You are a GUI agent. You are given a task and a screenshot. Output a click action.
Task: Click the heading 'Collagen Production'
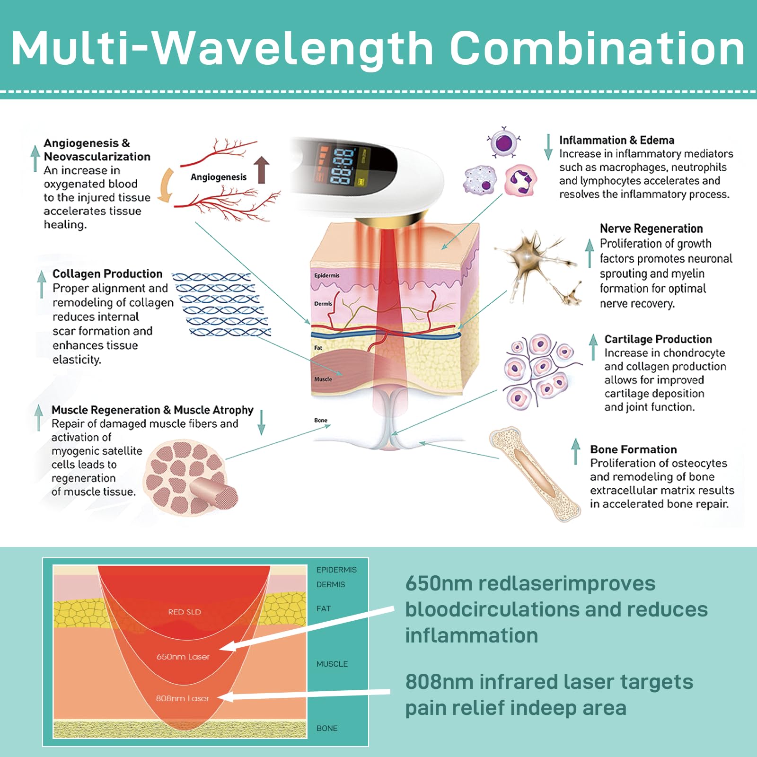[x=107, y=274]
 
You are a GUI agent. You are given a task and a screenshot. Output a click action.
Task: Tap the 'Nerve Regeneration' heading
[x=651, y=229]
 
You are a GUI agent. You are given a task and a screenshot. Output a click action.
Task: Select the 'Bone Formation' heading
[x=633, y=449]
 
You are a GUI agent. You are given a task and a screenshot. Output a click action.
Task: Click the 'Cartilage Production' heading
[x=658, y=339]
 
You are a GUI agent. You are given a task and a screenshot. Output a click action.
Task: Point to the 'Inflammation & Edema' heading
[x=616, y=140]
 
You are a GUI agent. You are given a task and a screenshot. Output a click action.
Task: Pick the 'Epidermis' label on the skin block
[x=326, y=275]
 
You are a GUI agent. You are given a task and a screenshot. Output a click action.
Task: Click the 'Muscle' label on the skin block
[x=323, y=379]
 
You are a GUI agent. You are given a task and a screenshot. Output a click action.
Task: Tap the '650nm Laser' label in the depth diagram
[x=183, y=657]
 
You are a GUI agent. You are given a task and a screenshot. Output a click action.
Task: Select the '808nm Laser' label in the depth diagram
[x=182, y=698]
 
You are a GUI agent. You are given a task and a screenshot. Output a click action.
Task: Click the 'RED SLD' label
[x=185, y=612]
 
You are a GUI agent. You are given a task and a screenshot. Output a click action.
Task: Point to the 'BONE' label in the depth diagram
[x=327, y=728]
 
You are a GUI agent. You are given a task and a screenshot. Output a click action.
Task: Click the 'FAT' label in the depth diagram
[x=324, y=608]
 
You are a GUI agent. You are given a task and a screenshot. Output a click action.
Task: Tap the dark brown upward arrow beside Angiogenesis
[x=262, y=170]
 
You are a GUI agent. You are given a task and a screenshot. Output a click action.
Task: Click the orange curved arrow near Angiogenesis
[x=165, y=185]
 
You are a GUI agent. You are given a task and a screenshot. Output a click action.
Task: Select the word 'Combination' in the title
[x=597, y=48]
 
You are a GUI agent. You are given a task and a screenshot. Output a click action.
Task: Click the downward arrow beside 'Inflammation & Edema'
[x=548, y=147]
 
